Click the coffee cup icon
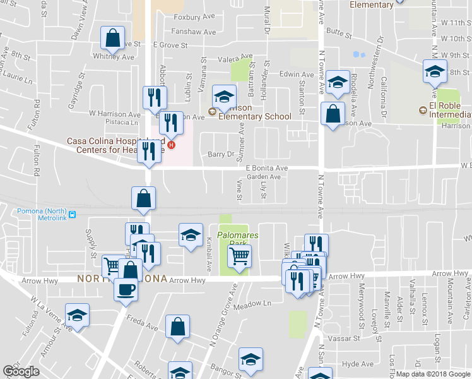pos(125,289)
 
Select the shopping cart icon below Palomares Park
pos(239,256)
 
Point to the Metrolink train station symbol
pos(73,214)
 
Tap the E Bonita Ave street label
pos(267,168)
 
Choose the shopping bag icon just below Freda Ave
pos(178,327)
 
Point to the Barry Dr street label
pos(221,153)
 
